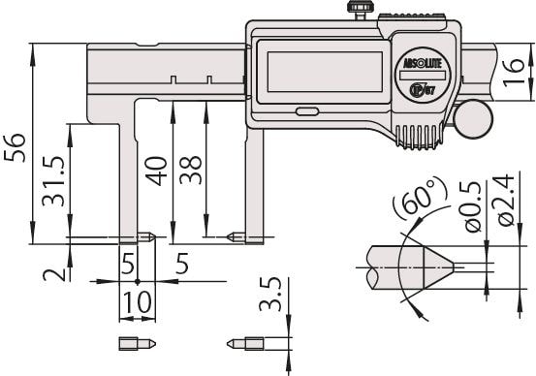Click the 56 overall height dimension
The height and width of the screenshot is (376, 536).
pos(16,148)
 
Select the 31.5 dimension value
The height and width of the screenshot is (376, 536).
pos(53,181)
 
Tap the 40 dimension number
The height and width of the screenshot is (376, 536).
pos(156,171)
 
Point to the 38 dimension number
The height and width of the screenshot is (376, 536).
pos(190,171)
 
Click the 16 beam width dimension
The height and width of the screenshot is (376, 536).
pos(514,73)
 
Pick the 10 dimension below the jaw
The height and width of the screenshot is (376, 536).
pos(137,302)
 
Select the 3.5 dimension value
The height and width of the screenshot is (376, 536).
pos(270,294)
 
